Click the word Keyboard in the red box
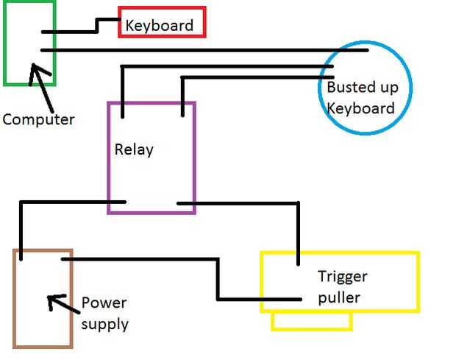tap(159, 25)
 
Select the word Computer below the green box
tap(38, 119)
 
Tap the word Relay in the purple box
tap(134, 149)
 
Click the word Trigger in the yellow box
tap(342, 277)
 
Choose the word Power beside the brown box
tap(104, 303)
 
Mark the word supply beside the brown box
tap(104, 324)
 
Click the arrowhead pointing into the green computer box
tap(33, 71)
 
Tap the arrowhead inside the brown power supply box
tap(51, 300)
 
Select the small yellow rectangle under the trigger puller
tap(312, 321)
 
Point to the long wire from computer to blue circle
tap(206, 50)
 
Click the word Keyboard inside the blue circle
tap(360, 108)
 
